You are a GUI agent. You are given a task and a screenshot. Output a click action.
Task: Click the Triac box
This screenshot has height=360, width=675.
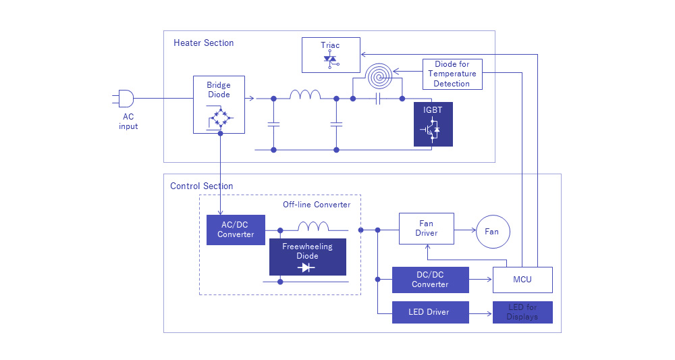(x=330, y=55)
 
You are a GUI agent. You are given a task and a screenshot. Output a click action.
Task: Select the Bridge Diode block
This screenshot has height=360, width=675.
(x=219, y=105)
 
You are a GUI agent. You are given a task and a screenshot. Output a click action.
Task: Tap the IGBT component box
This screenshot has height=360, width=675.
(x=433, y=124)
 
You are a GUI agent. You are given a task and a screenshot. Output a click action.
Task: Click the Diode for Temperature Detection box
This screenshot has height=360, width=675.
(x=452, y=74)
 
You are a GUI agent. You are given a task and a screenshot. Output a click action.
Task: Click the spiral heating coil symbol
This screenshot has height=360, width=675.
(x=379, y=77)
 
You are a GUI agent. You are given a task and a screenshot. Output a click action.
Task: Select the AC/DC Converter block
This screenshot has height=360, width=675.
(x=236, y=230)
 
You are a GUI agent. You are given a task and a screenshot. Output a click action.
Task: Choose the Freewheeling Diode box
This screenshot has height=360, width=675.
(x=307, y=257)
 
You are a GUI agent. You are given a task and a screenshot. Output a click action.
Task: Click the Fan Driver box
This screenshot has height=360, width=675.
(x=426, y=228)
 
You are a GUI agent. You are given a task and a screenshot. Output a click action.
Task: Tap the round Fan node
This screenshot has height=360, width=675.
(x=492, y=232)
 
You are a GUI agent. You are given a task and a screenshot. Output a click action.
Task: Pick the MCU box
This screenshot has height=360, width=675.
(x=522, y=280)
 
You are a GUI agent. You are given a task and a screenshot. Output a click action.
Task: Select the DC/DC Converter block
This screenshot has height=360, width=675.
(x=430, y=280)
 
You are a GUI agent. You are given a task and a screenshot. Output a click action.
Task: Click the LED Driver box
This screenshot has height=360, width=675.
(x=430, y=312)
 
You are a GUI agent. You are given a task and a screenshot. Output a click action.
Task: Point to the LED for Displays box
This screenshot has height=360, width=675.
(x=522, y=312)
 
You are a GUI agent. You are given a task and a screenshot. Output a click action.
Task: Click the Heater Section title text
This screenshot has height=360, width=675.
(x=203, y=43)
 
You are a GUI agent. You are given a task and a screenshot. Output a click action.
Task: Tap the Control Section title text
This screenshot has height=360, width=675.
(x=201, y=186)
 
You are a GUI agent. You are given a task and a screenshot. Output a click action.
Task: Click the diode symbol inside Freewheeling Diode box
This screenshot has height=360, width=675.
(x=307, y=267)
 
